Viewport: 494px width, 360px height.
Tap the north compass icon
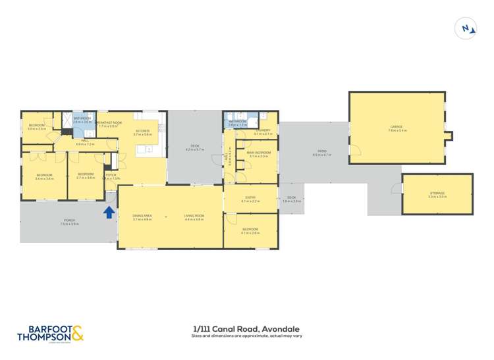click(466, 28)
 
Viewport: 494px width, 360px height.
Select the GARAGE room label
click(396, 126)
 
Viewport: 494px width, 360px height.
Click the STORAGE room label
click(437, 193)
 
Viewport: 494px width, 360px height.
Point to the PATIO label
click(322, 151)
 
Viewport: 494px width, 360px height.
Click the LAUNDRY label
click(263, 130)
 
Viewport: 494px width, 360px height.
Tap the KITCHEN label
click(143, 130)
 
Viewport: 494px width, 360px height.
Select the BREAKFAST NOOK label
click(109, 122)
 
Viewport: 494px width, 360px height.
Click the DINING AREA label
click(142, 216)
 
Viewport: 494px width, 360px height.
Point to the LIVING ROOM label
click(195, 216)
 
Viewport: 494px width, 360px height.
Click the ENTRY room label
click(251, 197)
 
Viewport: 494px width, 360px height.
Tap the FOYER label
click(111, 175)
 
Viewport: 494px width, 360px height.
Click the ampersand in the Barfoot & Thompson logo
click(77, 333)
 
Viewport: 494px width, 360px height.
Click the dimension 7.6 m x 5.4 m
click(397, 131)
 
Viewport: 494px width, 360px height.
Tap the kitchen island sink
click(150, 151)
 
